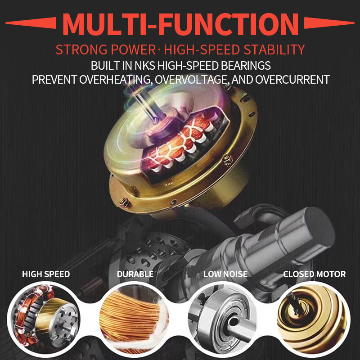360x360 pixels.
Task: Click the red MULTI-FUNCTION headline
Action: point(180,24)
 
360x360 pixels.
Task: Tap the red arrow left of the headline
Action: point(31,23)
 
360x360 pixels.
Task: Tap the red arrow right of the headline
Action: point(329,23)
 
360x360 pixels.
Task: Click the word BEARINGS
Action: point(246,66)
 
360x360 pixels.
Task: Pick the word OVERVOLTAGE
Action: point(193,80)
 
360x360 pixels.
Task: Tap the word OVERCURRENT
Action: point(292,80)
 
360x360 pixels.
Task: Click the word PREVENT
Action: point(54,80)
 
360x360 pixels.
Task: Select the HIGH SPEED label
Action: point(46,274)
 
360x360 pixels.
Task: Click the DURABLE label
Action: point(135,274)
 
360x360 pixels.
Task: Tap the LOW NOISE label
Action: point(225,274)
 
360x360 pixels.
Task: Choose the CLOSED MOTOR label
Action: point(314,274)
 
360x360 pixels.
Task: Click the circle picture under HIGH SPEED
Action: point(45,319)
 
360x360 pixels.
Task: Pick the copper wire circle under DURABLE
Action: point(134,319)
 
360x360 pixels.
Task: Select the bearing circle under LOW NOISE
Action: point(224,319)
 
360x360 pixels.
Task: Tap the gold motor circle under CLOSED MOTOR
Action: point(313,319)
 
